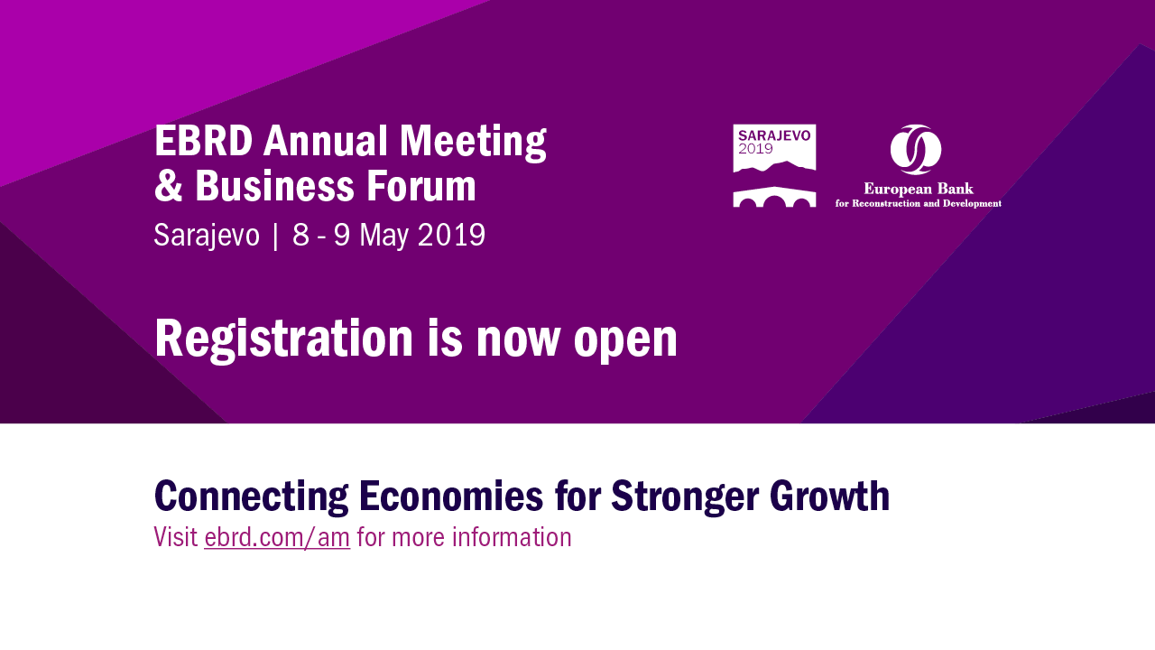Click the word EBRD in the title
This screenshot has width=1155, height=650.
tap(204, 140)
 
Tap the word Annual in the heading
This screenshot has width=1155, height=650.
tap(326, 140)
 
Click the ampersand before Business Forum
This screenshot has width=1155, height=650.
tap(169, 186)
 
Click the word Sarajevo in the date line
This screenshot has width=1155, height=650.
tap(207, 237)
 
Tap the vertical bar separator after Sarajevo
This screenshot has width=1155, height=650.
tap(275, 237)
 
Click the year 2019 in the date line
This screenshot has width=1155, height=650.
tap(452, 235)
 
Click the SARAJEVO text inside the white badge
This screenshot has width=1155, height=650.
tap(774, 135)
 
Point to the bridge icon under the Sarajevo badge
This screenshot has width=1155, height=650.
tap(774, 197)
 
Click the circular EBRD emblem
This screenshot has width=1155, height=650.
tap(916, 150)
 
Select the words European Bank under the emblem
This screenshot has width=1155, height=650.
tap(919, 190)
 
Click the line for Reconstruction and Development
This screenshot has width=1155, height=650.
tap(919, 203)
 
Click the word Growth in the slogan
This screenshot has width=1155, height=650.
tap(829, 497)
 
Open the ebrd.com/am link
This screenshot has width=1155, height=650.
tap(277, 537)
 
